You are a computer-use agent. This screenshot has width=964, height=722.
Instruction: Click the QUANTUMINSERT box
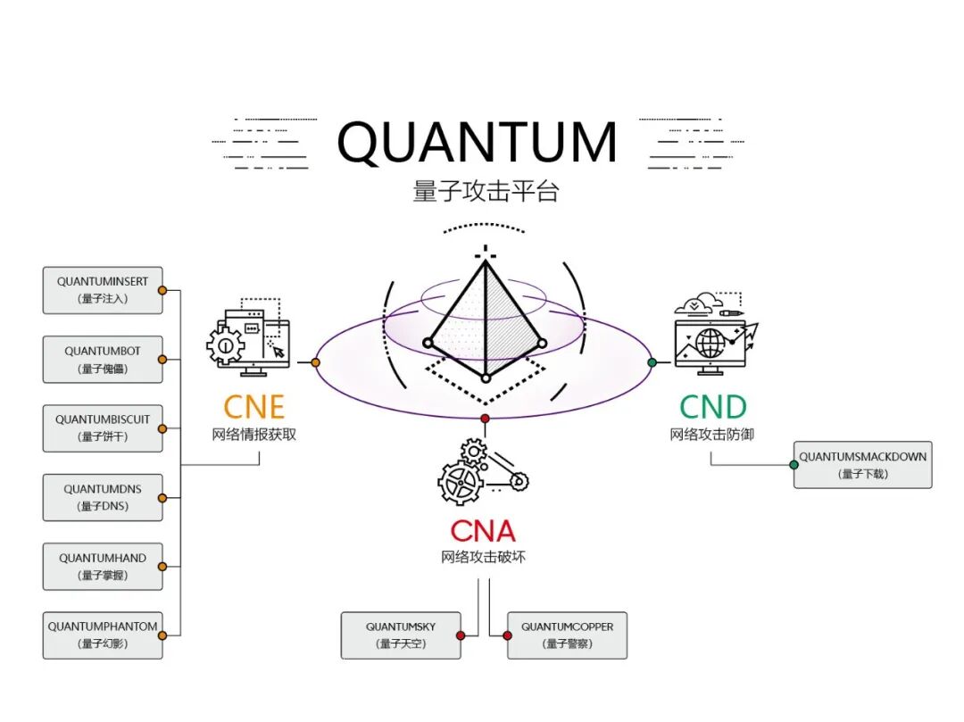click(x=103, y=289)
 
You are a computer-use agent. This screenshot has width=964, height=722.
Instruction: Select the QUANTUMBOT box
click(x=103, y=359)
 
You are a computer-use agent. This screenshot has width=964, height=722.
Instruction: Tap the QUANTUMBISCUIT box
click(x=103, y=427)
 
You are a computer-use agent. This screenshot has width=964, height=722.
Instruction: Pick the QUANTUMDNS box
click(x=103, y=497)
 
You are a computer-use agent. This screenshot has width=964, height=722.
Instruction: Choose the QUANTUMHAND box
click(x=103, y=566)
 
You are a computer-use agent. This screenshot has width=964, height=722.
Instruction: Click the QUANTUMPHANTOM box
click(x=103, y=635)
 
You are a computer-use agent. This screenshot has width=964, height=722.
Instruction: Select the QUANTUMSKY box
click(x=401, y=635)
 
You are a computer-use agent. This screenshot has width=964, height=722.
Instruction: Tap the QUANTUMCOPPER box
click(x=567, y=635)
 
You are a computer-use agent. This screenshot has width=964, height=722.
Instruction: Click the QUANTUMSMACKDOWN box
click(x=862, y=464)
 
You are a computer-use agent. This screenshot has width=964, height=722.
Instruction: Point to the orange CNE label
click(x=253, y=407)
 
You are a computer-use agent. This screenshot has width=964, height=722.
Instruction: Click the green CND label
click(x=712, y=407)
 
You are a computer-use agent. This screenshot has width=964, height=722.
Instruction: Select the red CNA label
click(x=483, y=531)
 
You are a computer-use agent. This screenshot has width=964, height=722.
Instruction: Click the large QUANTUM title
click(x=478, y=143)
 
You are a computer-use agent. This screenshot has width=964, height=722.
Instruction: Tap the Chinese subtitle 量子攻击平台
click(x=485, y=191)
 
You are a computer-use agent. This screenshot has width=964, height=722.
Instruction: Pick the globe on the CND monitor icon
click(x=711, y=342)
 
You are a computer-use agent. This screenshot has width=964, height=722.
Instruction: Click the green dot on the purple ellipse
click(x=652, y=362)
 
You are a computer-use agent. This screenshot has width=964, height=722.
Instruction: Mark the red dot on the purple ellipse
click(x=485, y=418)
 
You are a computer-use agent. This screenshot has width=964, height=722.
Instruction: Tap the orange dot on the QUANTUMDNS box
click(x=162, y=497)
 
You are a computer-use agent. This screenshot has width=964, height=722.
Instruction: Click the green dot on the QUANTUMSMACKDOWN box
click(x=794, y=465)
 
